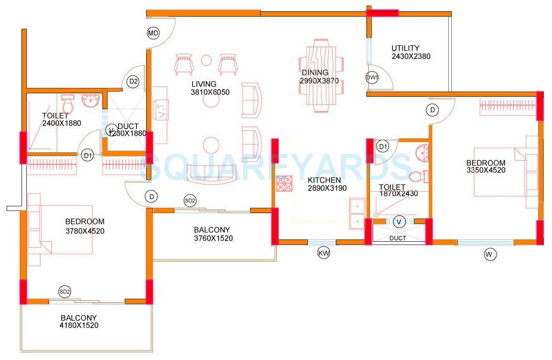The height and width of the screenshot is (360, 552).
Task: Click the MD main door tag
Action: [153, 33]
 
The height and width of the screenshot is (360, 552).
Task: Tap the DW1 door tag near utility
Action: [372, 78]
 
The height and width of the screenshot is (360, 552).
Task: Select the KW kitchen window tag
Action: [323, 254]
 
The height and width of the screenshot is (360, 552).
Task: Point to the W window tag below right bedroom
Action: [490, 254]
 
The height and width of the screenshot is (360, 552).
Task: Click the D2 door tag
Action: [133, 81]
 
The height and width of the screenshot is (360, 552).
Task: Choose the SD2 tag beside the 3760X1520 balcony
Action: [190, 201]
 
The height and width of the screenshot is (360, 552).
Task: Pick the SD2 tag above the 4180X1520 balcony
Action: [64, 291]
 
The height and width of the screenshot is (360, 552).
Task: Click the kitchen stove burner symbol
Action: [283, 183]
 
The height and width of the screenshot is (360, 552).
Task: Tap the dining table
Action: [322, 72]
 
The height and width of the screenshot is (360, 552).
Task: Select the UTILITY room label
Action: [405, 48]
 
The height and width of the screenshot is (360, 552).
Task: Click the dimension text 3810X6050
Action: [209, 93]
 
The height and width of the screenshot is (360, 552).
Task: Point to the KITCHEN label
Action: [324, 180]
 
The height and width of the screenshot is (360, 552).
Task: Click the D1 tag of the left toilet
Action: [88, 156]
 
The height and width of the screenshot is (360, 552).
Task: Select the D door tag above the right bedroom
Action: [433, 110]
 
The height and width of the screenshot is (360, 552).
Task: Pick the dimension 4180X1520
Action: [78, 326]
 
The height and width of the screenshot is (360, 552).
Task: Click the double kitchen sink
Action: [357, 213]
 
